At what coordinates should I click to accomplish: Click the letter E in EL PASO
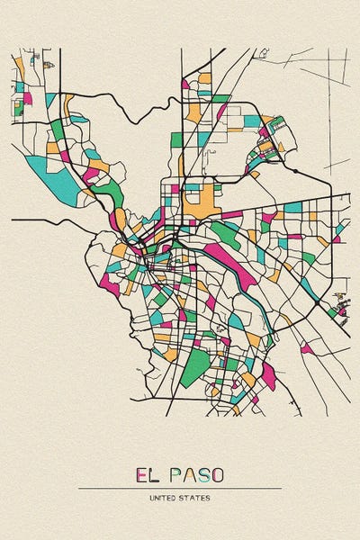point(141,474)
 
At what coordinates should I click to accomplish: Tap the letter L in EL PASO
point(156,474)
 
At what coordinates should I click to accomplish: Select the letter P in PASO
point(177,474)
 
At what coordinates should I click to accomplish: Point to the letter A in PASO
point(192,474)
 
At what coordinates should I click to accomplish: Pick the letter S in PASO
point(205,474)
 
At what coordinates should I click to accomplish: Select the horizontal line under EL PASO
point(180,489)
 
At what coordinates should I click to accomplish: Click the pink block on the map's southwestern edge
point(110,283)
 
